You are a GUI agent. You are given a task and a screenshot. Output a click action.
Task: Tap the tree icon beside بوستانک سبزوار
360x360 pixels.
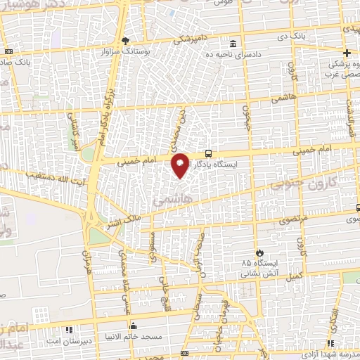click(x=126, y=41)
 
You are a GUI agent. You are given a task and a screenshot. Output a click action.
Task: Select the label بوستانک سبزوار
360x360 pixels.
click(x=127, y=52)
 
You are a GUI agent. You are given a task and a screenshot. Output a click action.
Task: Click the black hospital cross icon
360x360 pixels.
click(x=346, y=53)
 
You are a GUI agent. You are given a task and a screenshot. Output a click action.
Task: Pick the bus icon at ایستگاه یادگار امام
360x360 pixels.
click(x=208, y=153)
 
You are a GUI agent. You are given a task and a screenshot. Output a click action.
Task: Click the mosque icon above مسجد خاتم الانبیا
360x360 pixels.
click(x=134, y=326)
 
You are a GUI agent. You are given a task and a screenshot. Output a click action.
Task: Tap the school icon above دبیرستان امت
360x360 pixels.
click(x=68, y=329)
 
